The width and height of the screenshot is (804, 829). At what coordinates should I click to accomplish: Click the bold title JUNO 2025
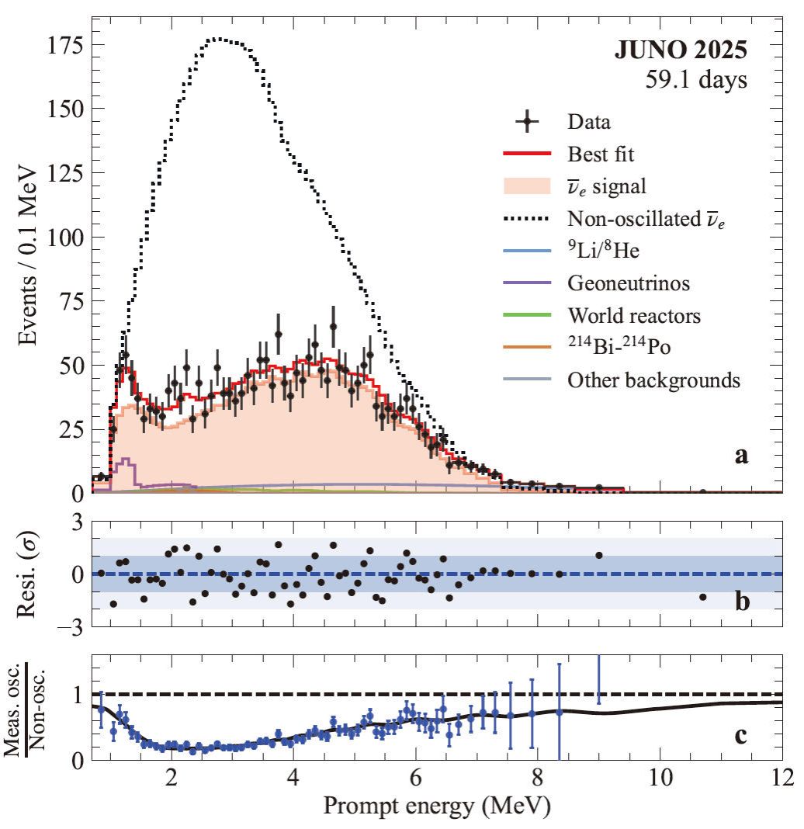pos(681,51)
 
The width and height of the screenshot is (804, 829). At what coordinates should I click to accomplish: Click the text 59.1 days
pos(697,79)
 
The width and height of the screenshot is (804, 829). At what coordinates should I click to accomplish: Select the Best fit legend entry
pos(601,154)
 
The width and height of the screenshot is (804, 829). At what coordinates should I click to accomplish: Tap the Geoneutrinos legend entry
pos(621,283)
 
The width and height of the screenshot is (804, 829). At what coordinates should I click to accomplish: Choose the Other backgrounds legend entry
pos(653,380)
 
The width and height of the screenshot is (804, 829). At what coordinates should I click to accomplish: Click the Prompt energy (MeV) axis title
pos(437,809)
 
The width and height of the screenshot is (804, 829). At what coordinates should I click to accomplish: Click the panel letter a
pos(742,456)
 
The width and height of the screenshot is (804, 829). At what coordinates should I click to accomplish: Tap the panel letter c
pos(742,734)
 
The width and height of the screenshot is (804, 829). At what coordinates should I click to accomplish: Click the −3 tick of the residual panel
pos(70,627)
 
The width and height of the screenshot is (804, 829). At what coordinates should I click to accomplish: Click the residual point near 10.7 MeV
pos(703,597)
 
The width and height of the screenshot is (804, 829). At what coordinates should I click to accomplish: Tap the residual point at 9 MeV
pos(598,555)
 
